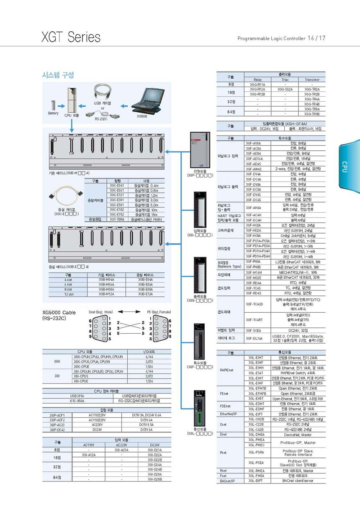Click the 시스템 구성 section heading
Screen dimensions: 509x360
[x=58, y=75]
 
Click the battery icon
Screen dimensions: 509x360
[x=53, y=105]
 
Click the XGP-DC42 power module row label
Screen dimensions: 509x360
[x=57, y=429]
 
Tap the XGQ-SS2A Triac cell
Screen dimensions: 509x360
[x=285, y=89]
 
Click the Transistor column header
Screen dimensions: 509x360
[x=312, y=80]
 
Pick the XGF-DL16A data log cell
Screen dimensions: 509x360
[x=254, y=338]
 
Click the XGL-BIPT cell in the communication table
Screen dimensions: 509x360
[x=256, y=481]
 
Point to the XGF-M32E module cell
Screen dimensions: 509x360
[x=254, y=278]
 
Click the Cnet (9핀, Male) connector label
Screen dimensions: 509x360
[x=100, y=311]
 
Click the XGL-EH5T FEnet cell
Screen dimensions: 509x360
[x=256, y=399]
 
